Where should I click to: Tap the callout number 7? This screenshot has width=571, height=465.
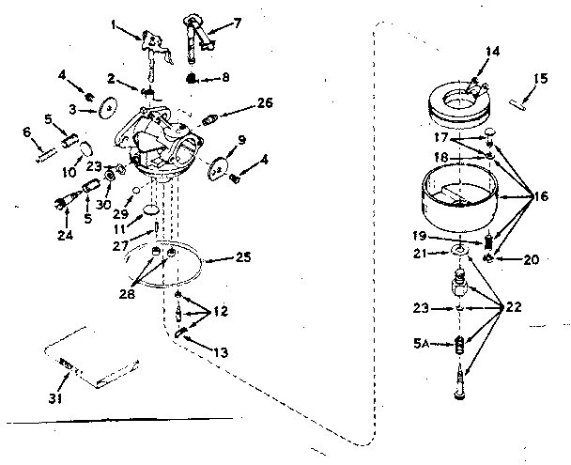tap(237, 21)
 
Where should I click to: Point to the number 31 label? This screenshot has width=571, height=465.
tap(64, 380)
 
